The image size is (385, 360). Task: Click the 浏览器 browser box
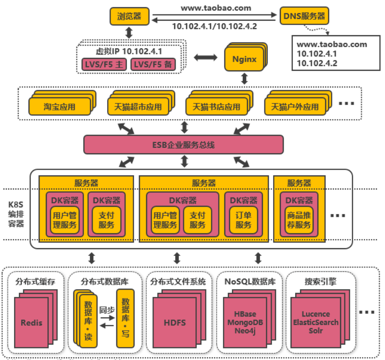point(129,16)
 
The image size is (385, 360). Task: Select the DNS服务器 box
point(303,16)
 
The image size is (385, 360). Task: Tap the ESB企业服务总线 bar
point(183,144)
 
